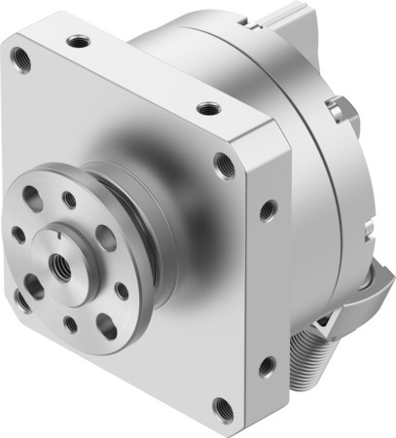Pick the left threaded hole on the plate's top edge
click(x=75, y=41)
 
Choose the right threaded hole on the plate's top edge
click(x=205, y=107)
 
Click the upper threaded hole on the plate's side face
click(x=268, y=208)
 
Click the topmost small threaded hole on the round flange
click(x=69, y=200)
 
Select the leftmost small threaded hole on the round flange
click(x=18, y=235)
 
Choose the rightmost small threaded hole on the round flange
click(x=121, y=289)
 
